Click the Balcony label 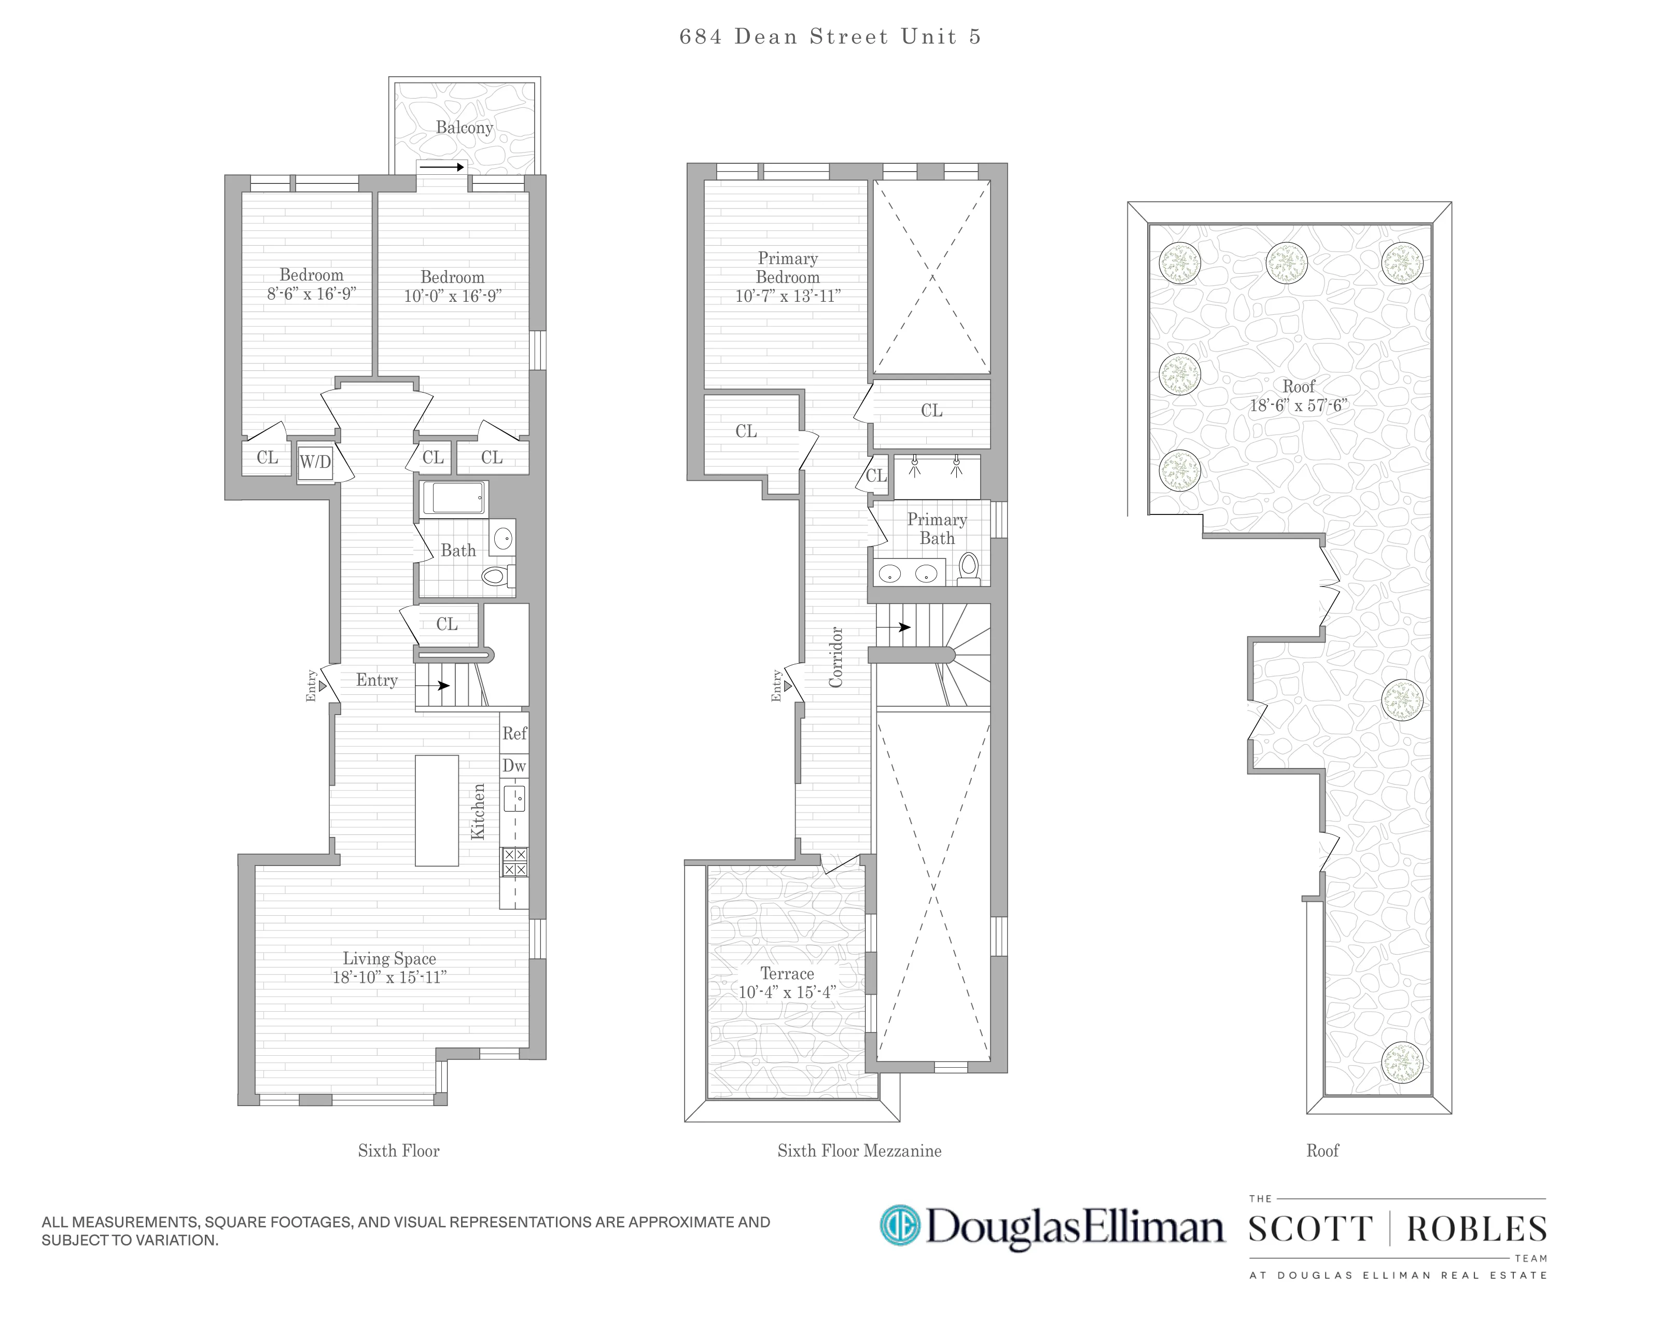[464, 128]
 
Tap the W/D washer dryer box [315, 463]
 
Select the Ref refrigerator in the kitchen [514, 734]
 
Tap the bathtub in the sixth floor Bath [454, 498]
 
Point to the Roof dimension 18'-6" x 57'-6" [1298, 406]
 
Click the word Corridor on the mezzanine [837, 657]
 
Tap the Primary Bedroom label [787, 268]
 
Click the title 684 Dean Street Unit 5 [830, 37]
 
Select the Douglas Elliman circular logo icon [900, 1225]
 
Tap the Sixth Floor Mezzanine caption [859, 1151]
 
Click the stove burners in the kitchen [514, 861]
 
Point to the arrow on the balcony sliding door [442, 167]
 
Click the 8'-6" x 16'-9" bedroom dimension [311, 294]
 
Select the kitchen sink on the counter [514, 799]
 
